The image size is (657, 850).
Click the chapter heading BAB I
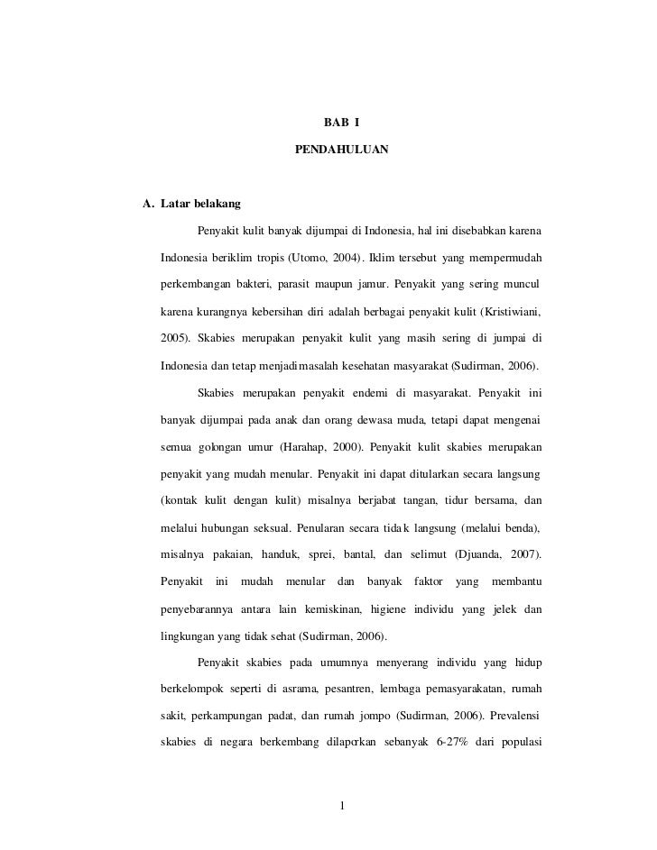tap(341, 122)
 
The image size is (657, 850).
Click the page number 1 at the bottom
tap(342, 804)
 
